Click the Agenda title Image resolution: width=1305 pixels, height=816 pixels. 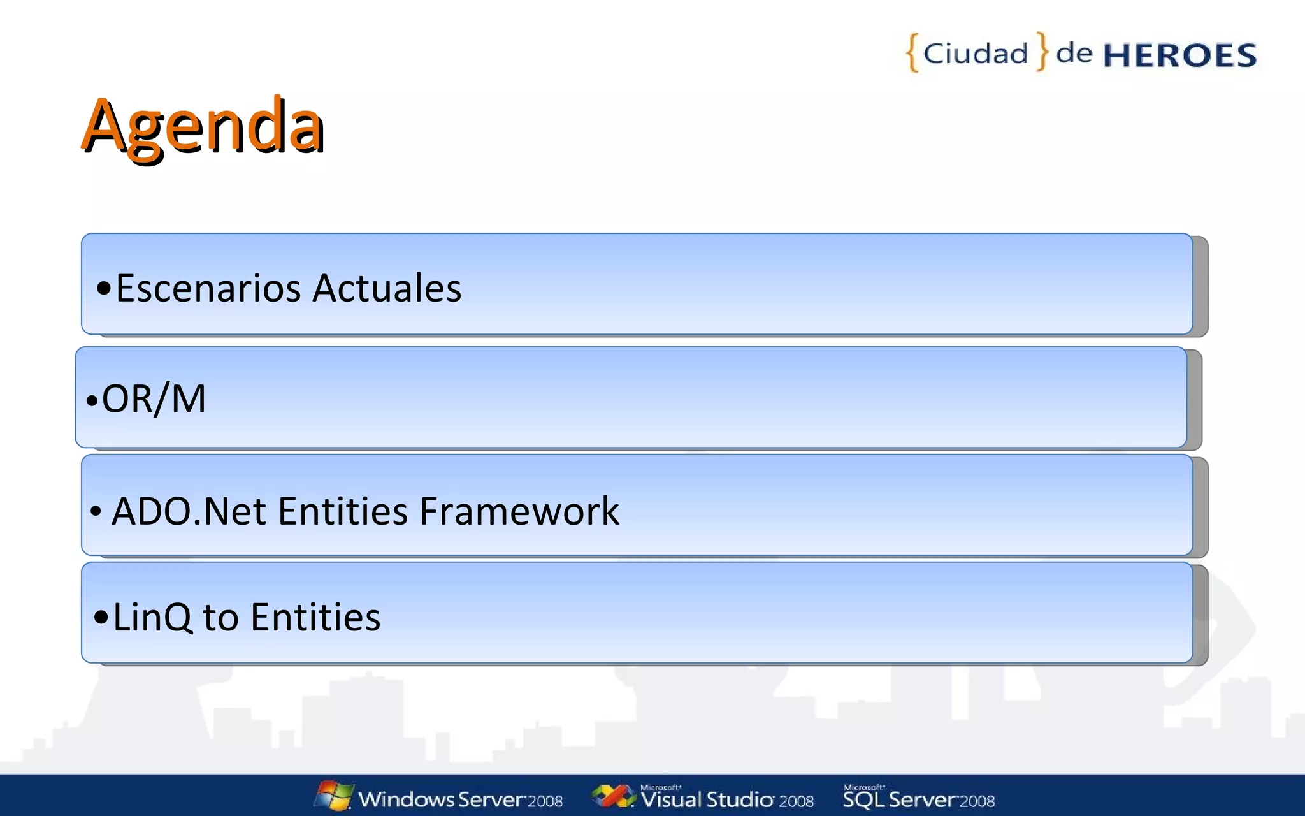[203, 126]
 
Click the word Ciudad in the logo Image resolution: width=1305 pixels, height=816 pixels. [976, 54]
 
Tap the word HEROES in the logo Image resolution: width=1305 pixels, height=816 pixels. [1179, 55]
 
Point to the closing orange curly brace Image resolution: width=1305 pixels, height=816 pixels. [1042, 51]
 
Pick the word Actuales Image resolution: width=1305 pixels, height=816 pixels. [387, 288]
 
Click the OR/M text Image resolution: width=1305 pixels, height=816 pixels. [154, 399]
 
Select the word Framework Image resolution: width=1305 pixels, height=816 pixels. [519, 511]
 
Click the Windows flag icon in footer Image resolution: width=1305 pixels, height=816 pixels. [333, 796]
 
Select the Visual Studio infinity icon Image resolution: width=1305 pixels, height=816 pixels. [612, 796]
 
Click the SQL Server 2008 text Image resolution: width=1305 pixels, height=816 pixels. [918, 799]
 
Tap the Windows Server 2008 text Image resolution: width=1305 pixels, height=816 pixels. [460, 799]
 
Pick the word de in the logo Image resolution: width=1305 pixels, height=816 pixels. [1074, 53]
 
